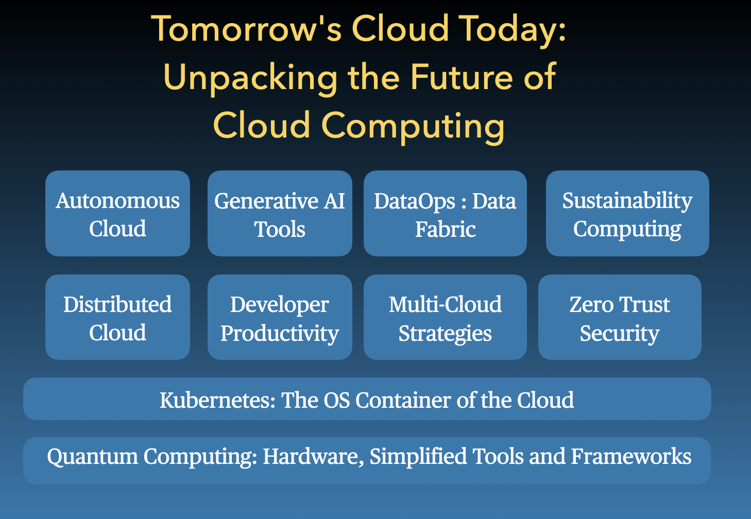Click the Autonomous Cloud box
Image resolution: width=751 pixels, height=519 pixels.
coord(117,213)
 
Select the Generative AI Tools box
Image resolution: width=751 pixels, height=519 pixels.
coord(280,213)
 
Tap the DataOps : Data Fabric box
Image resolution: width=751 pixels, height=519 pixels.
coord(445,213)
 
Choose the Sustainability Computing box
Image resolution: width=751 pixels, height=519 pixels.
coord(627,213)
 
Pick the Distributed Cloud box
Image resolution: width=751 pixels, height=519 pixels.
coord(117,317)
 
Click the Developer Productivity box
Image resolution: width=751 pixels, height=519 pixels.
coord(280,317)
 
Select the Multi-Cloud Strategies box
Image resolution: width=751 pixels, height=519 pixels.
coord(445,317)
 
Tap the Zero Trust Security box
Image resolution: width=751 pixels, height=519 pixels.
coord(620,317)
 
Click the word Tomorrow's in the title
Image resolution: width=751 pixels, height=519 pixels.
coord(247,29)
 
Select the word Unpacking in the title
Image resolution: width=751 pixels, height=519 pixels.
coord(250,78)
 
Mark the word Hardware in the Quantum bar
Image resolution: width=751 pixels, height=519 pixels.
coord(313,457)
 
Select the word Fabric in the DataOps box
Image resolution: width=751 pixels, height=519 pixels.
coord(446,229)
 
